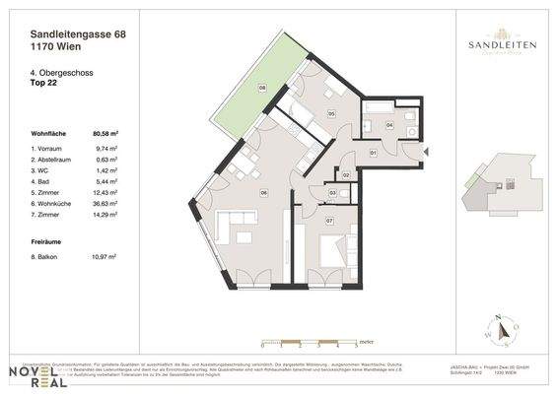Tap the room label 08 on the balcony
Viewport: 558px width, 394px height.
tap(262, 89)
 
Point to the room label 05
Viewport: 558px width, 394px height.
tap(332, 114)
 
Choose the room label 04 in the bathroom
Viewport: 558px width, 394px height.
tap(388, 126)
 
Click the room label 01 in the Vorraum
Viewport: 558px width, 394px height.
tap(373, 154)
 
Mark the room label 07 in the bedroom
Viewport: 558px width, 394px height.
tap(329, 221)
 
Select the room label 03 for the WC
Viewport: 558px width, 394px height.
tap(333, 192)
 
